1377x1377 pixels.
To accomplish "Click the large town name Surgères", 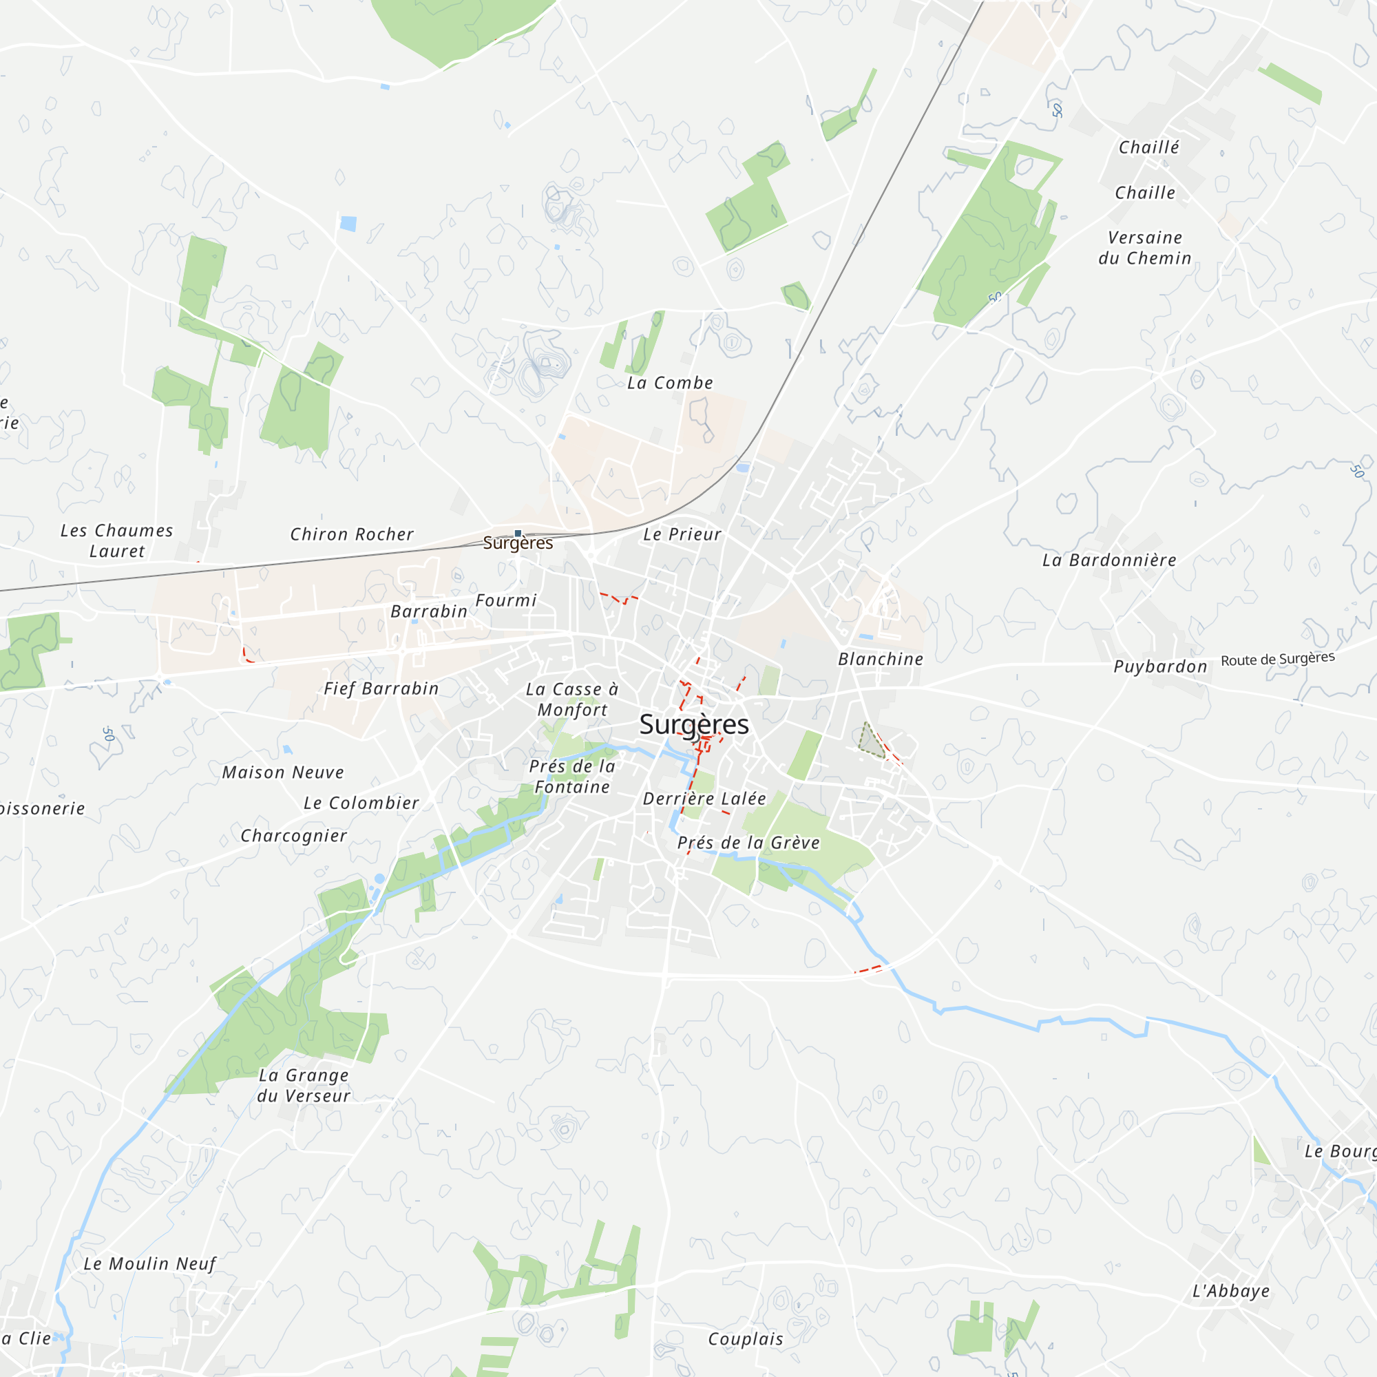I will coord(693,724).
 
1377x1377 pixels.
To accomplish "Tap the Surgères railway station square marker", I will coord(518,533).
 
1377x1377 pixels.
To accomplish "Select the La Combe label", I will coord(669,383).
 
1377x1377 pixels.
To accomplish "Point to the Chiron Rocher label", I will coord(351,534).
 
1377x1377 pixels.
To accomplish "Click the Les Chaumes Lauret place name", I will coord(117,541).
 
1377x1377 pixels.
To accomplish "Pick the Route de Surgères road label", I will coord(1277,659).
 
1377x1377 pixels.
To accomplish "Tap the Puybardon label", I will coord(1160,667).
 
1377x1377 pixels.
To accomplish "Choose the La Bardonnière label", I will coord(1109,560).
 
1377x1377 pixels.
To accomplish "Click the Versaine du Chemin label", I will coord(1145,248).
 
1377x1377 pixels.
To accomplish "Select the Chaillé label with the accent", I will coord(1148,147).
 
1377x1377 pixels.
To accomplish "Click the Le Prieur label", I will coord(682,534).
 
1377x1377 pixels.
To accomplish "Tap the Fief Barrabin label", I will coord(381,688).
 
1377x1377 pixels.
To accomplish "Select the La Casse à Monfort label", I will coord(572,700).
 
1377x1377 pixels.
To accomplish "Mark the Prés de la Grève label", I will coord(748,843).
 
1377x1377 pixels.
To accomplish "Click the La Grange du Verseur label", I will coord(304,1086).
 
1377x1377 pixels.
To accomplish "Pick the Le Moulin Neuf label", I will coord(149,1263).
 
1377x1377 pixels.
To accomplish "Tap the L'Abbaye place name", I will coord(1231,1291).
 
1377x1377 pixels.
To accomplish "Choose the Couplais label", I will coord(746,1339).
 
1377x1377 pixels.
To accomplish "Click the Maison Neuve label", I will coord(283,772).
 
